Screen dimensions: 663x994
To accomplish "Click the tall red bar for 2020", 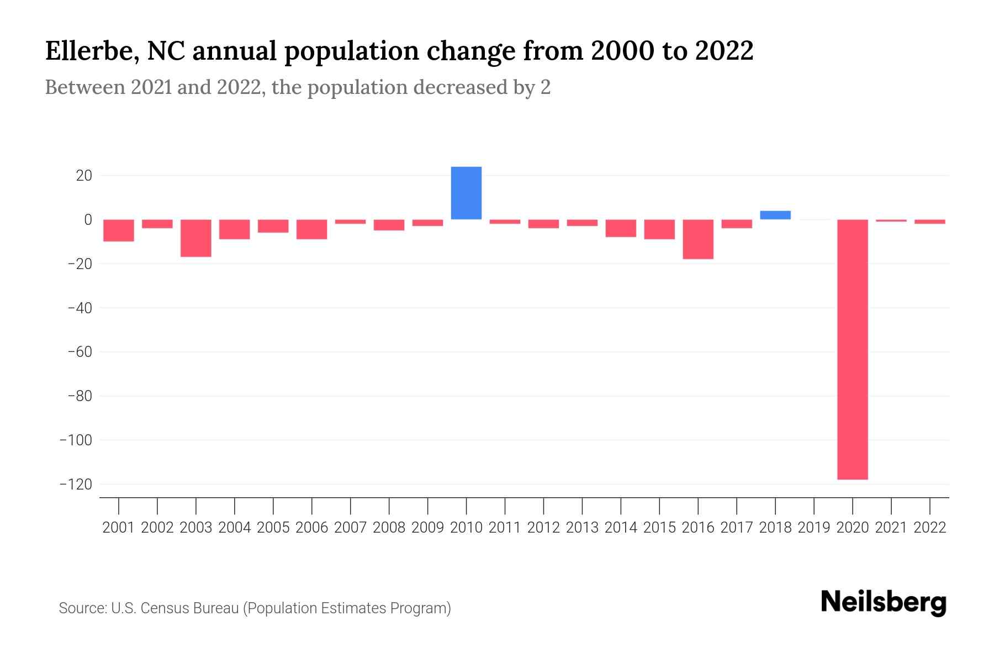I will [852, 349].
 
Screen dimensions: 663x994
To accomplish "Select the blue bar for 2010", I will [466, 193].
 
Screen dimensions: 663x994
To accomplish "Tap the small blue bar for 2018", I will [775, 215].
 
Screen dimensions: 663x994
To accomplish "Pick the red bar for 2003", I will [196, 238].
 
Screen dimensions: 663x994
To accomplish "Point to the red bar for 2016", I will [698, 239].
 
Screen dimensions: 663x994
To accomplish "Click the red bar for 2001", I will [119, 230].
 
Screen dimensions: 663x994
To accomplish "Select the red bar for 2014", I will [621, 228].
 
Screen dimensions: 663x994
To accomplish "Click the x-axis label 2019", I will [813, 528].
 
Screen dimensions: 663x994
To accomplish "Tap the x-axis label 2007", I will [350, 528].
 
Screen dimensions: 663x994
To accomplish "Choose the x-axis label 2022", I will [930, 528].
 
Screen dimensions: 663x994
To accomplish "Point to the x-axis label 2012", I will [543, 528].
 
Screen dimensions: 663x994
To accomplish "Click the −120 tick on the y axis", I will [80, 485].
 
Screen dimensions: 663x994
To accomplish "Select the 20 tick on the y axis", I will [84, 176].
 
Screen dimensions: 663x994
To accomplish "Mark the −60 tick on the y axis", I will [80, 352].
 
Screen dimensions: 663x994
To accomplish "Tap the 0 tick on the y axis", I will [88, 220].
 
